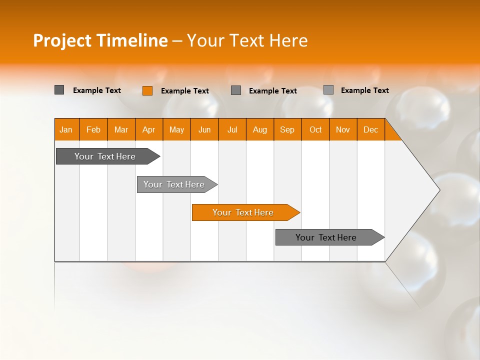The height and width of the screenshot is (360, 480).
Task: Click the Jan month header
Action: click(66, 129)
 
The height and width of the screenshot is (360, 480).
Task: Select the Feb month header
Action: click(93, 129)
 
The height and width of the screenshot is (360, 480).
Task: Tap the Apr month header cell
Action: click(149, 129)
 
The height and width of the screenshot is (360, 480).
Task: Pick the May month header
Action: click(176, 129)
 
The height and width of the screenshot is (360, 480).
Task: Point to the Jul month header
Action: click(232, 129)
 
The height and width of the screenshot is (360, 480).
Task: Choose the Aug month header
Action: click(260, 129)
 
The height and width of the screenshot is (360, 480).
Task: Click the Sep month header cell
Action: click(287, 129)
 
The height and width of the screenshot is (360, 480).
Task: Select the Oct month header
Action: click(315, 129)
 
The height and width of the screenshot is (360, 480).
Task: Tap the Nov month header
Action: click(343, 129)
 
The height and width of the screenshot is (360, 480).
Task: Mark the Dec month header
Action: click(371, 129)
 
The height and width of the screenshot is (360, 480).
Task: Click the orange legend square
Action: click(147, 90)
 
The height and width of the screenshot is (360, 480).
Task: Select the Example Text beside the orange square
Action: click(185, 91)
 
